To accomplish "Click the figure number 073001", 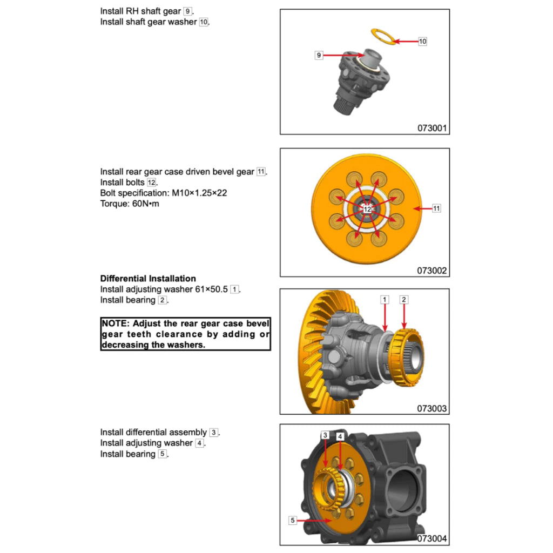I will pyautogui.click(x=432, y=129).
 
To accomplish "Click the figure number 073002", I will pyautogui.click(x=432, y=271).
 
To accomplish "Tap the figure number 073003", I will pyautogui.click(x=432, y=408).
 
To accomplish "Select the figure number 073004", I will pyautogui.click(x=432, y=538).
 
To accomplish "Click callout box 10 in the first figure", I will pyautogui.click(x=422, y=41).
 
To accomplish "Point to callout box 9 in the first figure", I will pyautogui.click(x=319, y=55).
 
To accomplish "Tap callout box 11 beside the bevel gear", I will pyautogui.click(x=436, y=208).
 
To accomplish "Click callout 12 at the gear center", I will pyautogui.click(x=367, y=208).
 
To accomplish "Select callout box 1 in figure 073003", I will pyautogui.click(x=384, y=299).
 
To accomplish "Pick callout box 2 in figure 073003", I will pyautogui.click(x=403, y=299).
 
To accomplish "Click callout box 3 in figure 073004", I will pyautogui.click(x=325, y=435).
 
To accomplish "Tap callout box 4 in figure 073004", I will pyautogui.click(x=340, y=436).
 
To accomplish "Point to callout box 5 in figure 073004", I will pyautogui.click(x=293, y=520).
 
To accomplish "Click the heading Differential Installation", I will pyautogui.click(x=148, y=279).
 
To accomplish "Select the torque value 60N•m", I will pyautogui.click(x=143, y=204).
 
